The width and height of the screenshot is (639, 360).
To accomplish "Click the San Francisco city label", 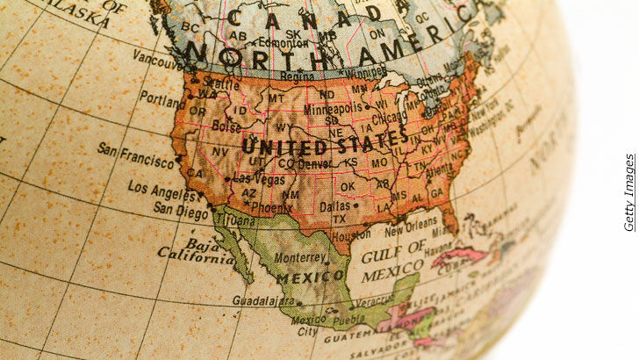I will [135, 156].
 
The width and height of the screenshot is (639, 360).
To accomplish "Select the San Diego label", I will [181, 209].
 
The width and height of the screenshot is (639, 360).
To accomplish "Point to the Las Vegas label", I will [261, 178].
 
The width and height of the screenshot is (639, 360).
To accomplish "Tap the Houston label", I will [351, 236].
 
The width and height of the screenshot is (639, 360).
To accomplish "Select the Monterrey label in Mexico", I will [300, 258].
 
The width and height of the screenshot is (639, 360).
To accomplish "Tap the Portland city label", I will [161, 99].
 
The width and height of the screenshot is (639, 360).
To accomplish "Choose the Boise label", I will [227, 126].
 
